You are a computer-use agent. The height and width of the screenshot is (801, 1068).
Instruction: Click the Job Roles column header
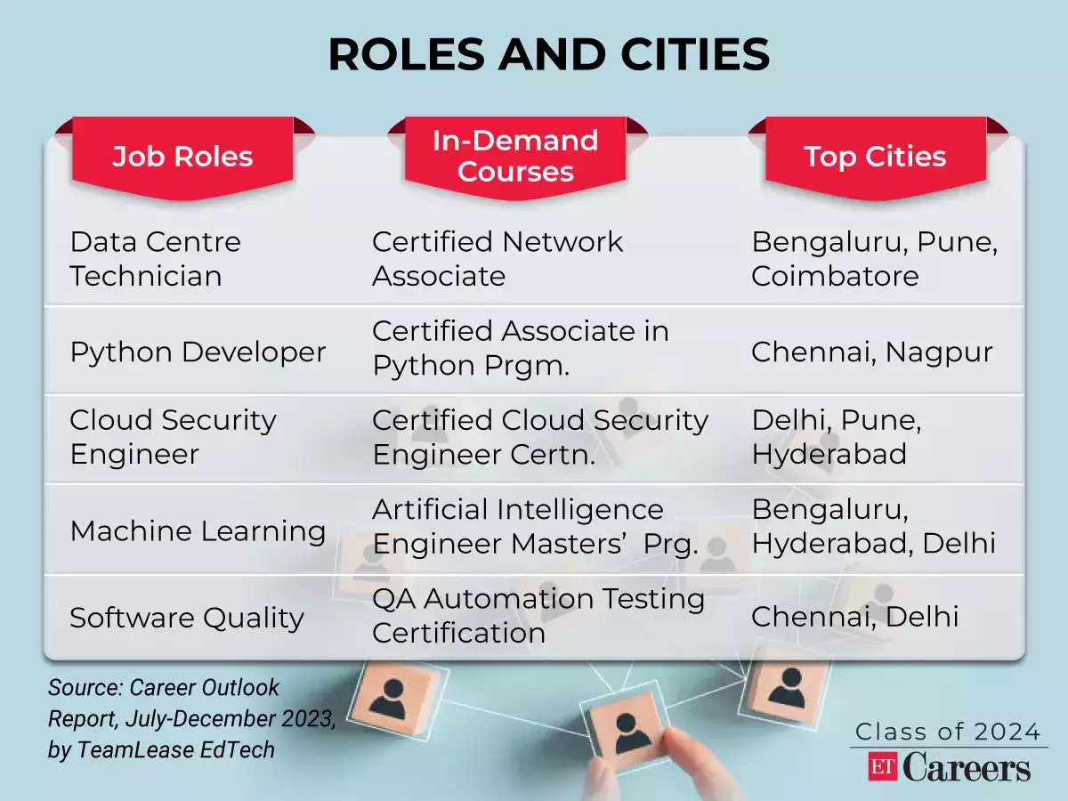click(182, 157)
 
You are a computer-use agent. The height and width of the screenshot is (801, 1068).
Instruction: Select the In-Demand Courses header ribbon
click(515, 156)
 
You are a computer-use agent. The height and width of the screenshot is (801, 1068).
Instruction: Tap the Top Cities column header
click(875, 157)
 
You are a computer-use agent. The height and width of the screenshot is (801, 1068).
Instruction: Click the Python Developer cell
click(198, 352)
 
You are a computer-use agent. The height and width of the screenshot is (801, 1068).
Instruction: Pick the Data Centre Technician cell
click(156, 259)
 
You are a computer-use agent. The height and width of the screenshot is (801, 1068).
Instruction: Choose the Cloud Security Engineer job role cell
click(174, 437)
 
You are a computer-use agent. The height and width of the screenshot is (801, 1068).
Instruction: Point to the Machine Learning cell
click(198, 530)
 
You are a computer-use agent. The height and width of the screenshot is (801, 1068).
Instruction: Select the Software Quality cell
click(187, 618)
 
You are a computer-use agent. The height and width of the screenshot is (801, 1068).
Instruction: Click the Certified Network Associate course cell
click(498, 259)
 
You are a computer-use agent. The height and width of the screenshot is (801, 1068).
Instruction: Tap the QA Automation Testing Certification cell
click(538, 616)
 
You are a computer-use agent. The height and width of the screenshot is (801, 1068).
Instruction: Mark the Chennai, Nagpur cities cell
click(871, 352)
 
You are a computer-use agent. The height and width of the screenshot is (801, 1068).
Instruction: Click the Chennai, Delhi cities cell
click(854, 616)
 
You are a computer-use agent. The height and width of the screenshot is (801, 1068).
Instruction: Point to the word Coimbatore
click(835, 276)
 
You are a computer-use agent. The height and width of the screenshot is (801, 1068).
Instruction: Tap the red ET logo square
click(883, 767)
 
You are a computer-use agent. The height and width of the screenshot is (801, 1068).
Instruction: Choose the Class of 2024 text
click(947, 732)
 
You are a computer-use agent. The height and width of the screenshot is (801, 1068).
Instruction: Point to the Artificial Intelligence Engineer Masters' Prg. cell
click(534, 527)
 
